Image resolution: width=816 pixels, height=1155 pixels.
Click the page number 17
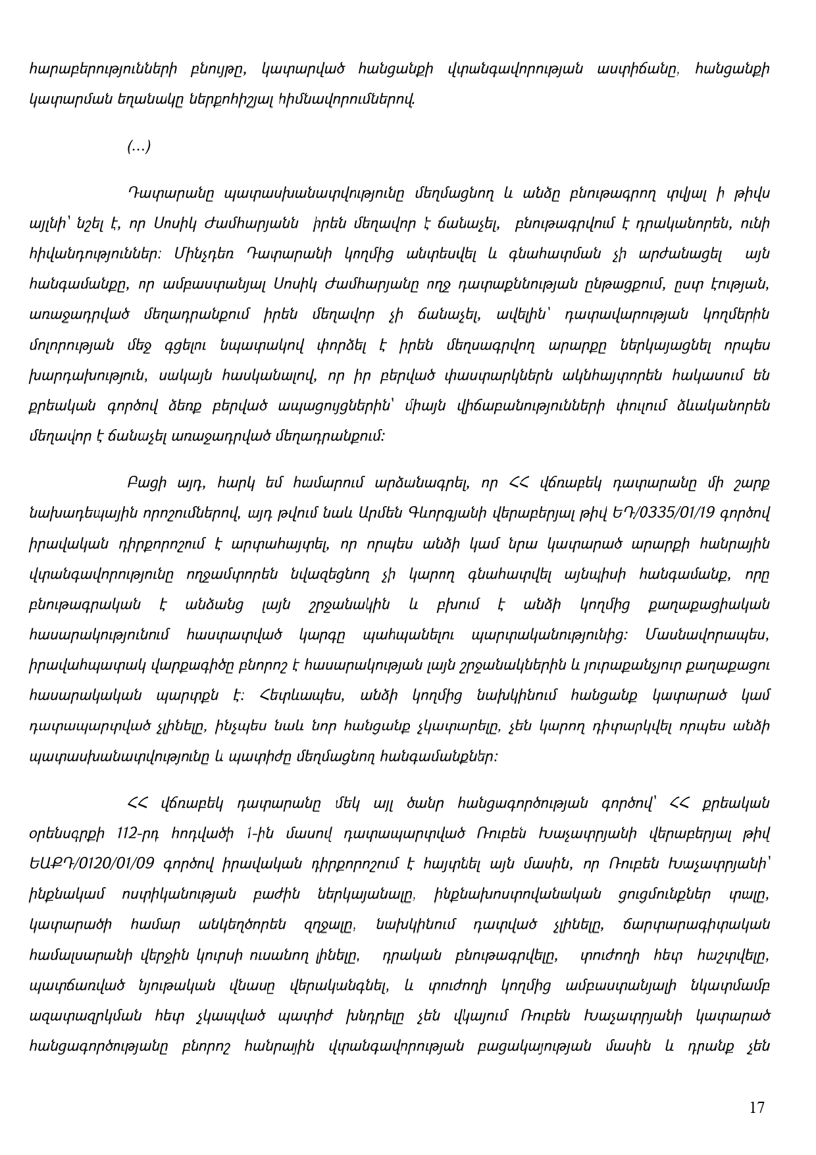click(x=757, y=1108)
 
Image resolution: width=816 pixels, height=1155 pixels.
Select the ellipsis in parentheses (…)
click(x=139, y=147)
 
